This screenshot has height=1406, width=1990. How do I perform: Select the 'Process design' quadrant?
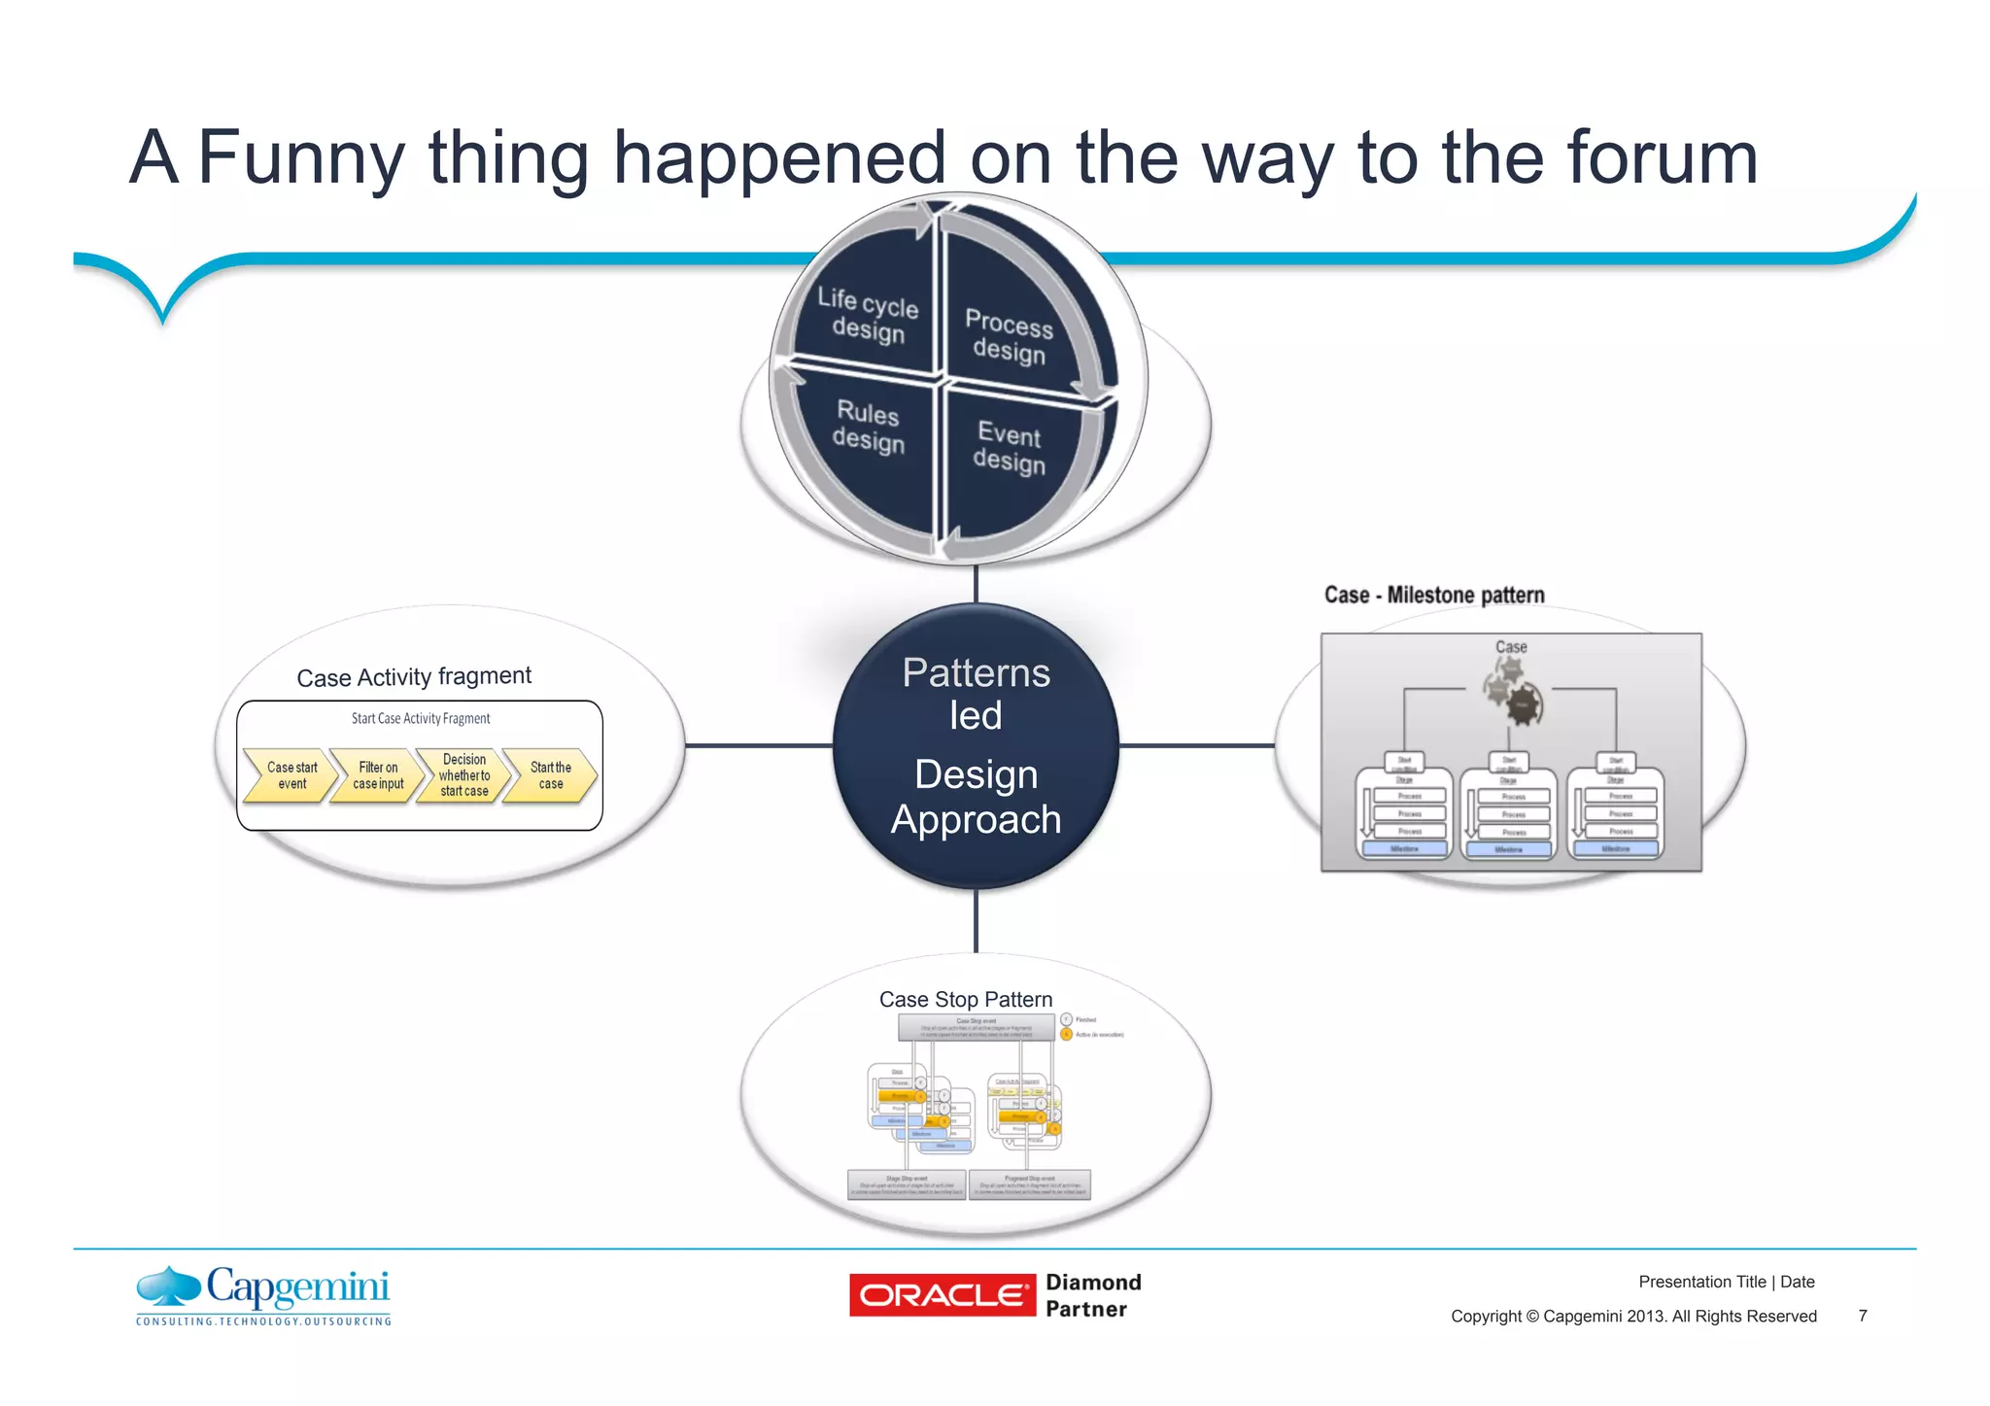tap(1009, 336)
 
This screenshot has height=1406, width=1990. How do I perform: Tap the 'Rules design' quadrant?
tap(868, 427)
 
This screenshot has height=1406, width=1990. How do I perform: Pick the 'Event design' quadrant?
tap(1010, 447)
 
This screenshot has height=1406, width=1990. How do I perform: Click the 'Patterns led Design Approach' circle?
tap(976, 745)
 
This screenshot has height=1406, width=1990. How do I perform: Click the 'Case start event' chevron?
tap(291, 775)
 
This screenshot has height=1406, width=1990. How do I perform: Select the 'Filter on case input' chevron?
tap(377, 775)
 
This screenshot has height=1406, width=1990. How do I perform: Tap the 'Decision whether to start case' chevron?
tap(463, 775)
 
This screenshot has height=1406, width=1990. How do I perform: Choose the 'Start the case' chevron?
tap(550, 775)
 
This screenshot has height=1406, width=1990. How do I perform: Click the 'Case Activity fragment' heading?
tap(414, 676)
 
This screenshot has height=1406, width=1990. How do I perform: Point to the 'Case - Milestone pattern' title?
tap(1434, 595)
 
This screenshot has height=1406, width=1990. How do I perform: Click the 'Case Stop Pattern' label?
tap(966, 999)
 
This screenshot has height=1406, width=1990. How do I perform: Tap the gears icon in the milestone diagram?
tap(1513, 691)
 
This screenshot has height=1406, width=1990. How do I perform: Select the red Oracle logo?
tap(942, 1295)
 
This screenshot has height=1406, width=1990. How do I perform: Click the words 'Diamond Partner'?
tap(1092, 1295)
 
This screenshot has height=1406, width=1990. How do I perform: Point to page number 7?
tap(1862, 1316)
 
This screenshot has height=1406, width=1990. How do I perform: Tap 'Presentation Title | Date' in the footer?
tap(1726, 1282)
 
